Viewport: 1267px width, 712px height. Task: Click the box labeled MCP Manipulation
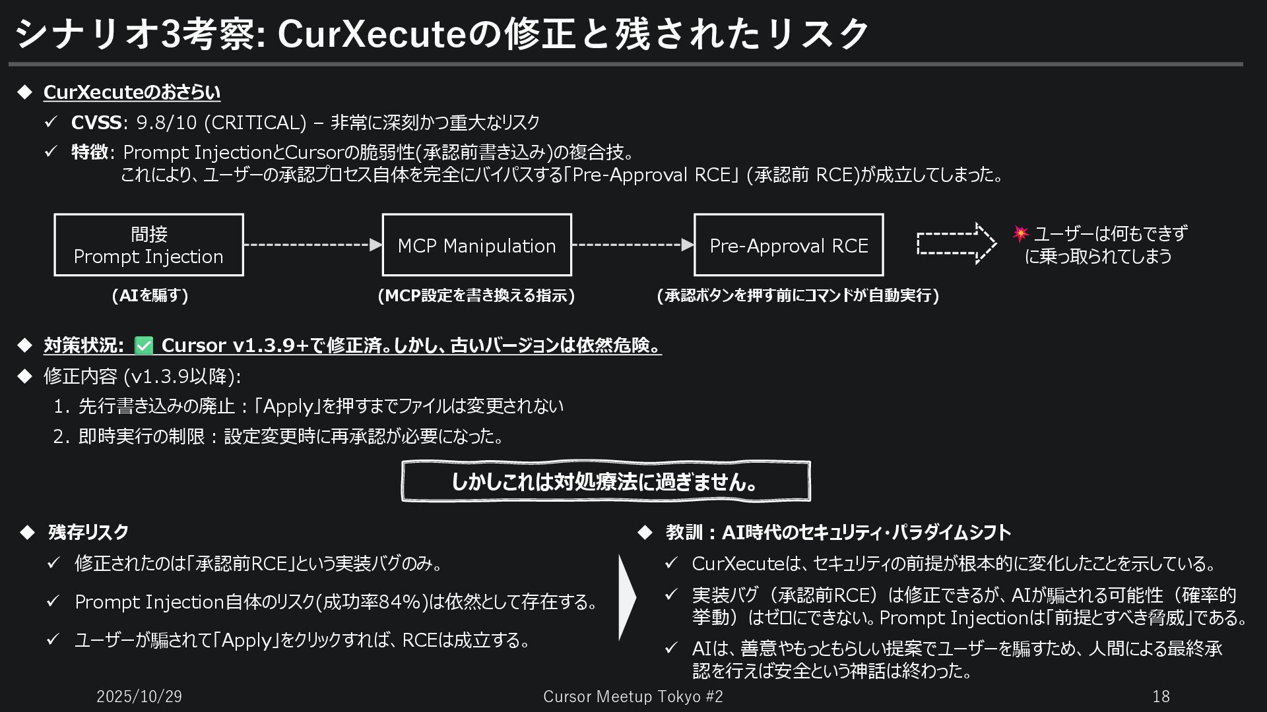476,245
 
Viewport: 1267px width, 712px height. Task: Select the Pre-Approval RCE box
789,245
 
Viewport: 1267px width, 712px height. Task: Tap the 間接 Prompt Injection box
148,245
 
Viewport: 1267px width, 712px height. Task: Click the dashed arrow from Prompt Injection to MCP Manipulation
313,245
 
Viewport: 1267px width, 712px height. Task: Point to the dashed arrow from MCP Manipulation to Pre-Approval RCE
632,245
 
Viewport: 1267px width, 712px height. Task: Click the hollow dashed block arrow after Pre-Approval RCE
956,243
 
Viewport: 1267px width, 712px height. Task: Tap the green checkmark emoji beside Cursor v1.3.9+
143,345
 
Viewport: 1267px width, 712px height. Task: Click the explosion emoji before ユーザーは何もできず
1020,233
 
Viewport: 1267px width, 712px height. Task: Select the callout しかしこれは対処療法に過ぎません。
605,482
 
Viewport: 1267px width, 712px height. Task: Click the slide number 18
1161,696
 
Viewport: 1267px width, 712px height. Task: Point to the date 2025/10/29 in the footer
139,696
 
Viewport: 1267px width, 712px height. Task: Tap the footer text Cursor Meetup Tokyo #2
633,696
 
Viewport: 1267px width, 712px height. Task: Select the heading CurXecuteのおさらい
132,92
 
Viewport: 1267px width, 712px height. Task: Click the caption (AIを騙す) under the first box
150,295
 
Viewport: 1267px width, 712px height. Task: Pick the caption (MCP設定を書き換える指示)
476,295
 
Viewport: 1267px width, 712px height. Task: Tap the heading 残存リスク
88,532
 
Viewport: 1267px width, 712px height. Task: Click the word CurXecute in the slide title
372,34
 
